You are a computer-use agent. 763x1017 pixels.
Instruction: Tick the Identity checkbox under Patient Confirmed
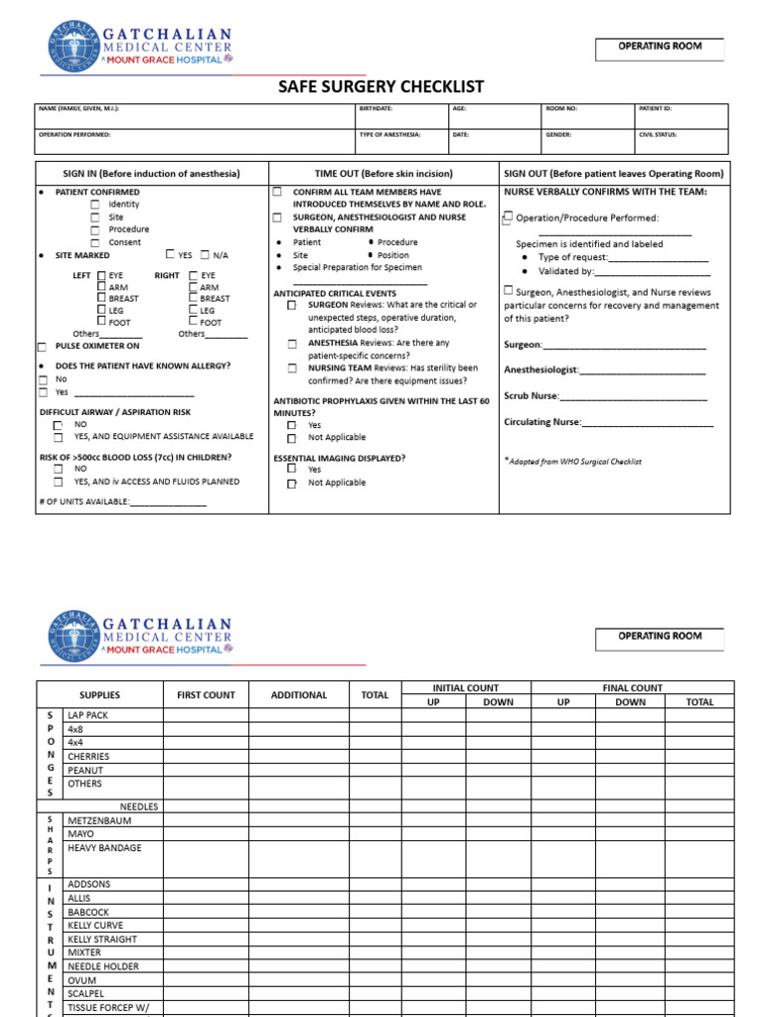coord(95,205)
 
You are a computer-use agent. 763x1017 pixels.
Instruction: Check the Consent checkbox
coord(95,242)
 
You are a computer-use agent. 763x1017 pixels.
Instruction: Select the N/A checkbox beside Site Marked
coord(206,255)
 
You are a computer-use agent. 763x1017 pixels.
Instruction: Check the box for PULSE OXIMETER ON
coord(42,347)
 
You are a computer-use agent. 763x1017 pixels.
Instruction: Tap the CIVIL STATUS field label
coord(659,134)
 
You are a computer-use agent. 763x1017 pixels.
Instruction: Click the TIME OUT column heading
coord(383,173)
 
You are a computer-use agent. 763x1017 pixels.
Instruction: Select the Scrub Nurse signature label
coord(532,396)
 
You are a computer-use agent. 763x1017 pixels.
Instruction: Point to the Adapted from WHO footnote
coord(574,462)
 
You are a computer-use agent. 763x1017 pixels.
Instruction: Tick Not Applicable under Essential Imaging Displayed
coord(292,484)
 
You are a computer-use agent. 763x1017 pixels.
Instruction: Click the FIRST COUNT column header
coord(205,695)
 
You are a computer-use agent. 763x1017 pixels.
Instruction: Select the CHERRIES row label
coord(88,756)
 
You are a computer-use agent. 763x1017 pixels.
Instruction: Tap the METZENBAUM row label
coord(98,821)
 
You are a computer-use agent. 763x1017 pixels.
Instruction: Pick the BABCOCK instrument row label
coord(88,912)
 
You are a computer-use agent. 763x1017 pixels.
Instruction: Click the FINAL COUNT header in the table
coord(632,688)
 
